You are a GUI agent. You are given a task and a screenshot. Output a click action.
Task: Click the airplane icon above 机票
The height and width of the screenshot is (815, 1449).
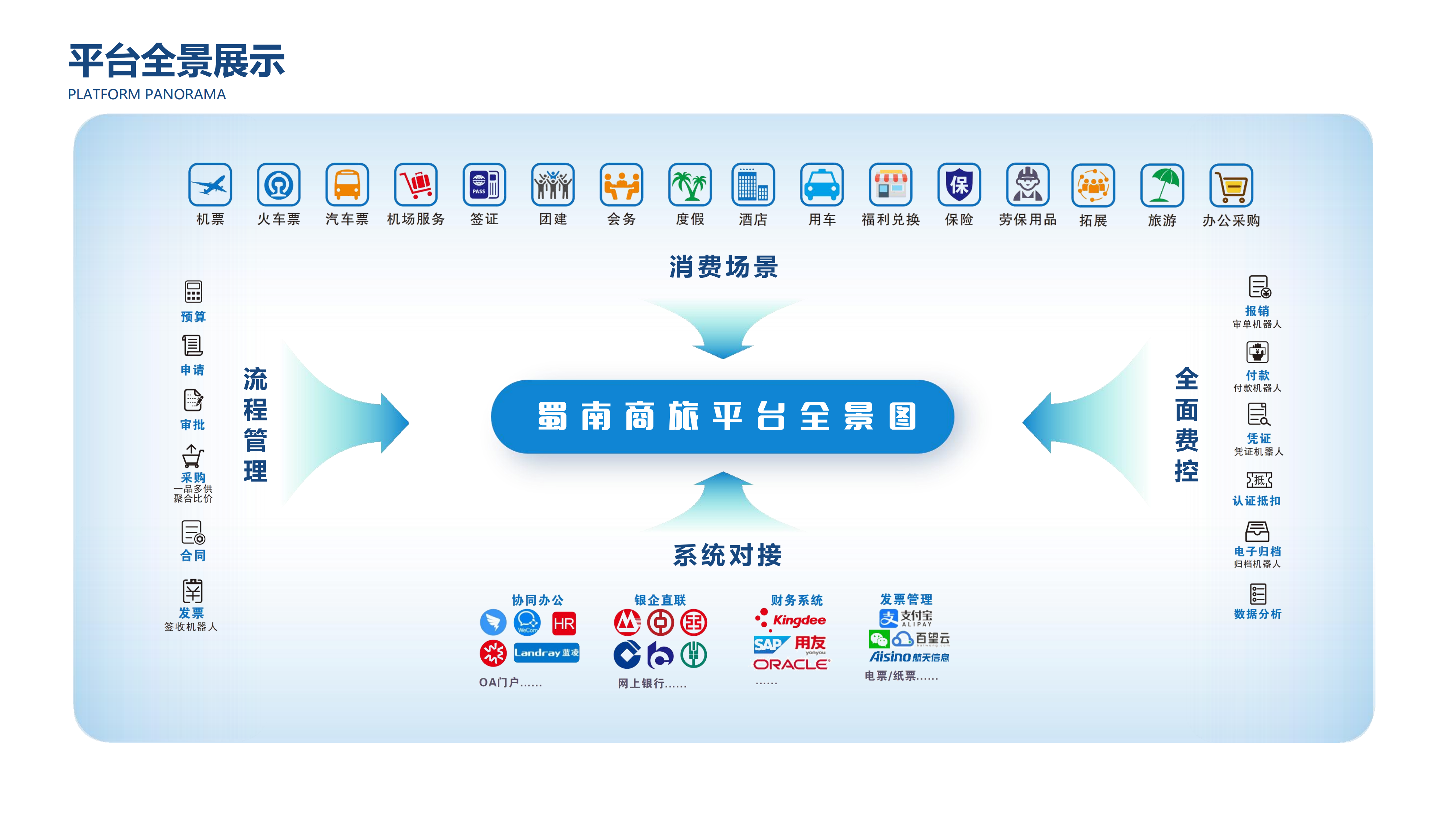tap(210, 184)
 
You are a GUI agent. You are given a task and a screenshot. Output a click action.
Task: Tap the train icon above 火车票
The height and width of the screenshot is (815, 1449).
tap(279, 184)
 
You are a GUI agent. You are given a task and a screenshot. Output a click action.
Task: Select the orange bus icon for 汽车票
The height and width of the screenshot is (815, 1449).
tap(347, 184)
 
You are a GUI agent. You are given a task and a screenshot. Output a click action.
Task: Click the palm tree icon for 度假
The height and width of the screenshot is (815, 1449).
tap(690, 184)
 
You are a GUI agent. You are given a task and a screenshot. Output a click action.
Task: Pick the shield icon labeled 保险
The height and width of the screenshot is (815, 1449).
tap(959, 184)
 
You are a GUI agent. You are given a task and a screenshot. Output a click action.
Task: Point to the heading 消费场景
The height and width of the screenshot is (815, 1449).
tap(723, 267)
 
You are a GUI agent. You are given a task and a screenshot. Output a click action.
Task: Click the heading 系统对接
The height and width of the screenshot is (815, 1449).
tap(727, 555)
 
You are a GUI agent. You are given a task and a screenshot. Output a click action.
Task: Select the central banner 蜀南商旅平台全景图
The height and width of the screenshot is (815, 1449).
tap(722, 417)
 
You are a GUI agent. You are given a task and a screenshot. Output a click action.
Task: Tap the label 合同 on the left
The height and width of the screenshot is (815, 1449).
tap(193, 556)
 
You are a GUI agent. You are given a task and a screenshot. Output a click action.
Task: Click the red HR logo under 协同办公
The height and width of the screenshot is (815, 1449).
tap(564, 623)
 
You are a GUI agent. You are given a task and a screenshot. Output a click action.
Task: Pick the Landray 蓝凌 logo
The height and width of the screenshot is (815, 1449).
tap(546, 652)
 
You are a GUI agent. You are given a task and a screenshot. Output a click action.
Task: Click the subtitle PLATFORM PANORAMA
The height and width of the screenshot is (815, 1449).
tap(147, 95)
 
